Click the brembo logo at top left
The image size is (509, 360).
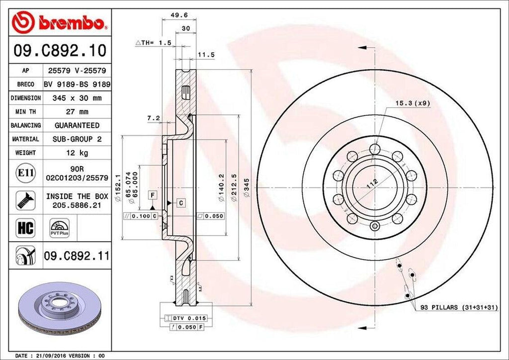pos(60,23)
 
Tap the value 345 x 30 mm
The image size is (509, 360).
pos(77,98)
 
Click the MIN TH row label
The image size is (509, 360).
pos(25,112)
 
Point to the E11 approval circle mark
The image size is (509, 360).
pos(25,173)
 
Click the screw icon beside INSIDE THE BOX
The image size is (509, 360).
pos(25,200)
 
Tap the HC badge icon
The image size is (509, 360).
pos(25,228)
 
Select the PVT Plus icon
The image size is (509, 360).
pos(60,228)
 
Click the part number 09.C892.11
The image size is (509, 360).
pos(77,257)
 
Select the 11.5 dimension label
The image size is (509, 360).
pos(206,55)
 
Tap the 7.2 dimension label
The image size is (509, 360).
pos(153,118)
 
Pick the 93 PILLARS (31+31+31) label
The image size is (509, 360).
pos(459,308)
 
